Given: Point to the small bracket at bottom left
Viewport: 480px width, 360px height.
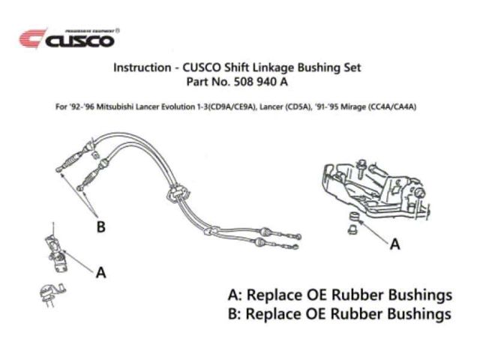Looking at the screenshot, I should pyautogui.click(x=47, y=295).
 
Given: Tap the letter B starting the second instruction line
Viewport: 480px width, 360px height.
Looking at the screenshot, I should pyautogui.click(x=234, y=313).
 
